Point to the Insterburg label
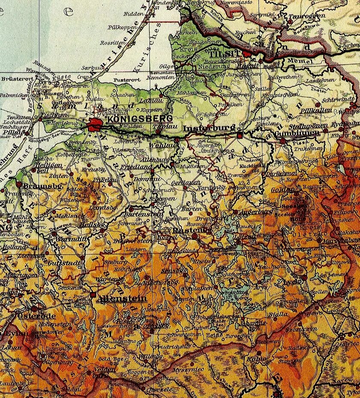click(x=209, y=128)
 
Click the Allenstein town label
click(x=122, y=298)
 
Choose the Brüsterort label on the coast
click(x=14, y=79)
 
